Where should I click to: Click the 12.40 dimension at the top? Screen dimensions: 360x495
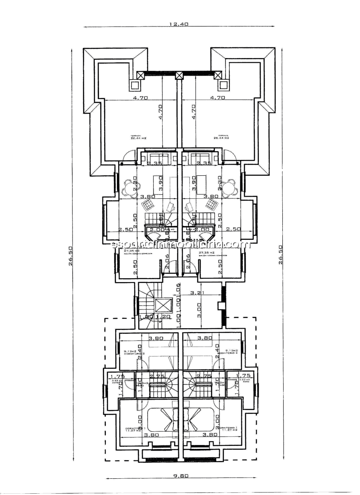179,24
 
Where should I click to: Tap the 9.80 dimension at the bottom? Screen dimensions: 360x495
181,475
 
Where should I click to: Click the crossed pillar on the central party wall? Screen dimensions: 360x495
179,75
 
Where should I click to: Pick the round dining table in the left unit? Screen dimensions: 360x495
129,187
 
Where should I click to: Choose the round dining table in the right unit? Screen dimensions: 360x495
230,187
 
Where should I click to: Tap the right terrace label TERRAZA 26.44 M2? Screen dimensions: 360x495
221,137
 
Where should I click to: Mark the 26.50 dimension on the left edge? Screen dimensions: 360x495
71,256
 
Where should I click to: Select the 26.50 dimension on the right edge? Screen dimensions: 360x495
281,256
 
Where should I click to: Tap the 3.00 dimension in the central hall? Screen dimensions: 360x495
199,309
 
